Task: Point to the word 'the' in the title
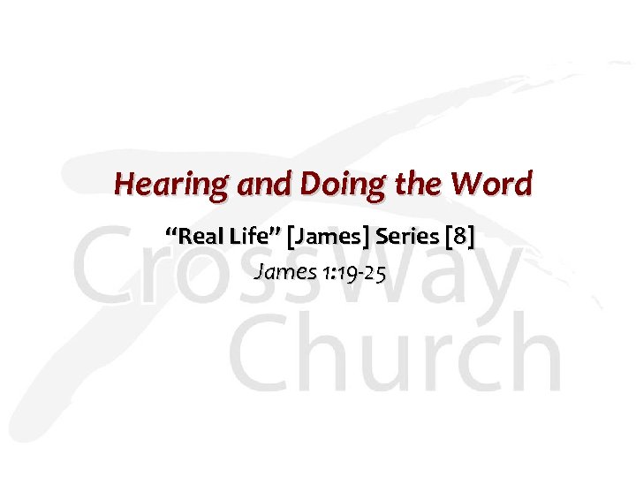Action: (417, 184)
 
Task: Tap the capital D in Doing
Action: (314, 184)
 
